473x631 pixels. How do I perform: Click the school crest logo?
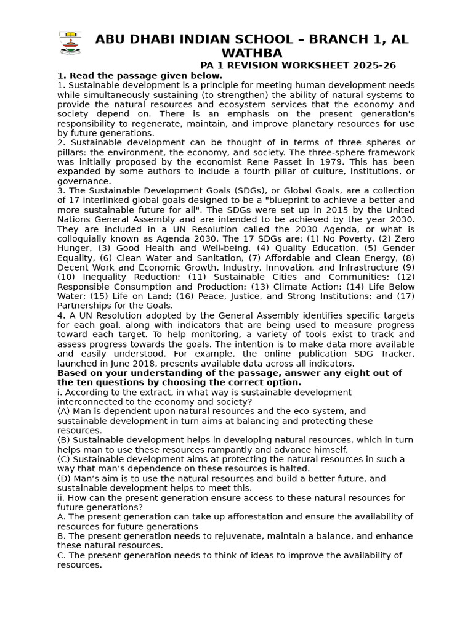[x=70, y=43]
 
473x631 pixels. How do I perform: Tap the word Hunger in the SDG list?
[x=74, y=248]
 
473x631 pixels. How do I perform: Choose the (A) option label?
[x=64, y=411]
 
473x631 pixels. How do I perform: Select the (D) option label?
[x=64, y=479]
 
